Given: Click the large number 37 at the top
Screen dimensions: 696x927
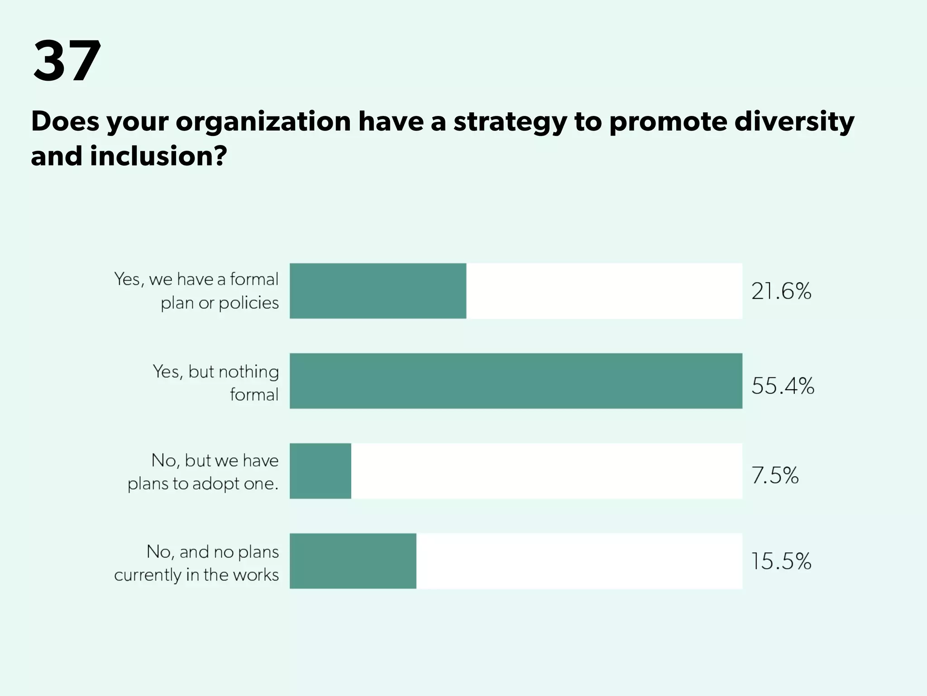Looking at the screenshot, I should (67, 61).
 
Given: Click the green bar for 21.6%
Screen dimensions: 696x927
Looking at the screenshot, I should (377, 291).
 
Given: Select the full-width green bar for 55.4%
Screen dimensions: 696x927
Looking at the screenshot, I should (516, 381).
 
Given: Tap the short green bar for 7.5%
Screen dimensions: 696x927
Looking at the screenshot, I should (320, 471).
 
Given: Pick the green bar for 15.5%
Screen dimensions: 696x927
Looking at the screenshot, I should (353, 561).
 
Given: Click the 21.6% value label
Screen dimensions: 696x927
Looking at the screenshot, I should (781, 291).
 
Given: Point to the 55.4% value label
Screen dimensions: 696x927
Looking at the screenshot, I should (782, 386).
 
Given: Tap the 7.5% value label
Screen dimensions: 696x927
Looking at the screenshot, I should (774, 475).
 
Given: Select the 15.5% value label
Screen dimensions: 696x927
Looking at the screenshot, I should (781, 561).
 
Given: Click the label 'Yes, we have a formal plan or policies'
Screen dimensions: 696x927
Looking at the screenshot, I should (196, 291).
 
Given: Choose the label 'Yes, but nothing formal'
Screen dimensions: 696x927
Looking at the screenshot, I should (216, 383).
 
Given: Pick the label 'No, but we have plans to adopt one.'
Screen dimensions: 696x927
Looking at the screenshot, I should (203, 472).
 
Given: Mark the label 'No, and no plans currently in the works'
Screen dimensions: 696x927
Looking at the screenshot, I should (196, 563).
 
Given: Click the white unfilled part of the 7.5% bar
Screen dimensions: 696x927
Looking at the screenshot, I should (546, 471).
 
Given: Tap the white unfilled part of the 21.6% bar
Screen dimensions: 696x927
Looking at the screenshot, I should (604, 291).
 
